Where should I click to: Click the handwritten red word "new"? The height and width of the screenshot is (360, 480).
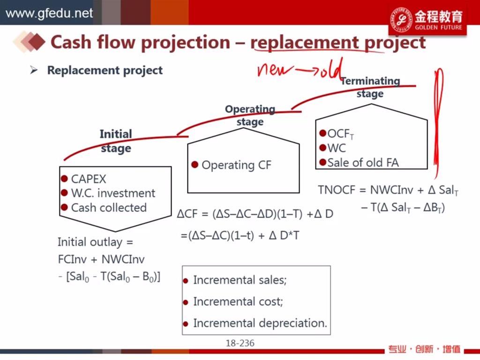click(275, 70)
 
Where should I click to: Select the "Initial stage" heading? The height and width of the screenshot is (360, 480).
click(116, 141)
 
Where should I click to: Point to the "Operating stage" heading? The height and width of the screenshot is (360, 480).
click(250, 115)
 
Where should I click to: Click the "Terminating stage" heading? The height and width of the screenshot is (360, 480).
click(370, 87)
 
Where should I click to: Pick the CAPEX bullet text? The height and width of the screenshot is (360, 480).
click(89, 179)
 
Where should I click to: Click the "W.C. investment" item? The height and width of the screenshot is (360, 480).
click(113, 193)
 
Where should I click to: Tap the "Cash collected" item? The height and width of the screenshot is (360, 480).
click(109, 208)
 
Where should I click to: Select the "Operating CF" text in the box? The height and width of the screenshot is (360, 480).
click(236, 165)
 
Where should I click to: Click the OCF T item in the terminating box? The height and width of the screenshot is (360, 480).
click(341, 134)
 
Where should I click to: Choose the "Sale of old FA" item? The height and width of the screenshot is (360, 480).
click(363, 163)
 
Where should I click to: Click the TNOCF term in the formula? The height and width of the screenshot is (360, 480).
click(337, 190)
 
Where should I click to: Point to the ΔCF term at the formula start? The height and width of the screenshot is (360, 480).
click(187, 214)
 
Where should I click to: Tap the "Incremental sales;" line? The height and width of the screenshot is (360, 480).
click(240, 280)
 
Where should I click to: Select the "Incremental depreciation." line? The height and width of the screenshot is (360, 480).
click(260, 323)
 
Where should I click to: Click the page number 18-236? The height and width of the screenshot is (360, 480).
click(240, 343)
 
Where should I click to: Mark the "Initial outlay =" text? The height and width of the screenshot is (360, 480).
click(96, 242)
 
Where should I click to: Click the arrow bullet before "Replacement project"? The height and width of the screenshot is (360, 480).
click(34, 70)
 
